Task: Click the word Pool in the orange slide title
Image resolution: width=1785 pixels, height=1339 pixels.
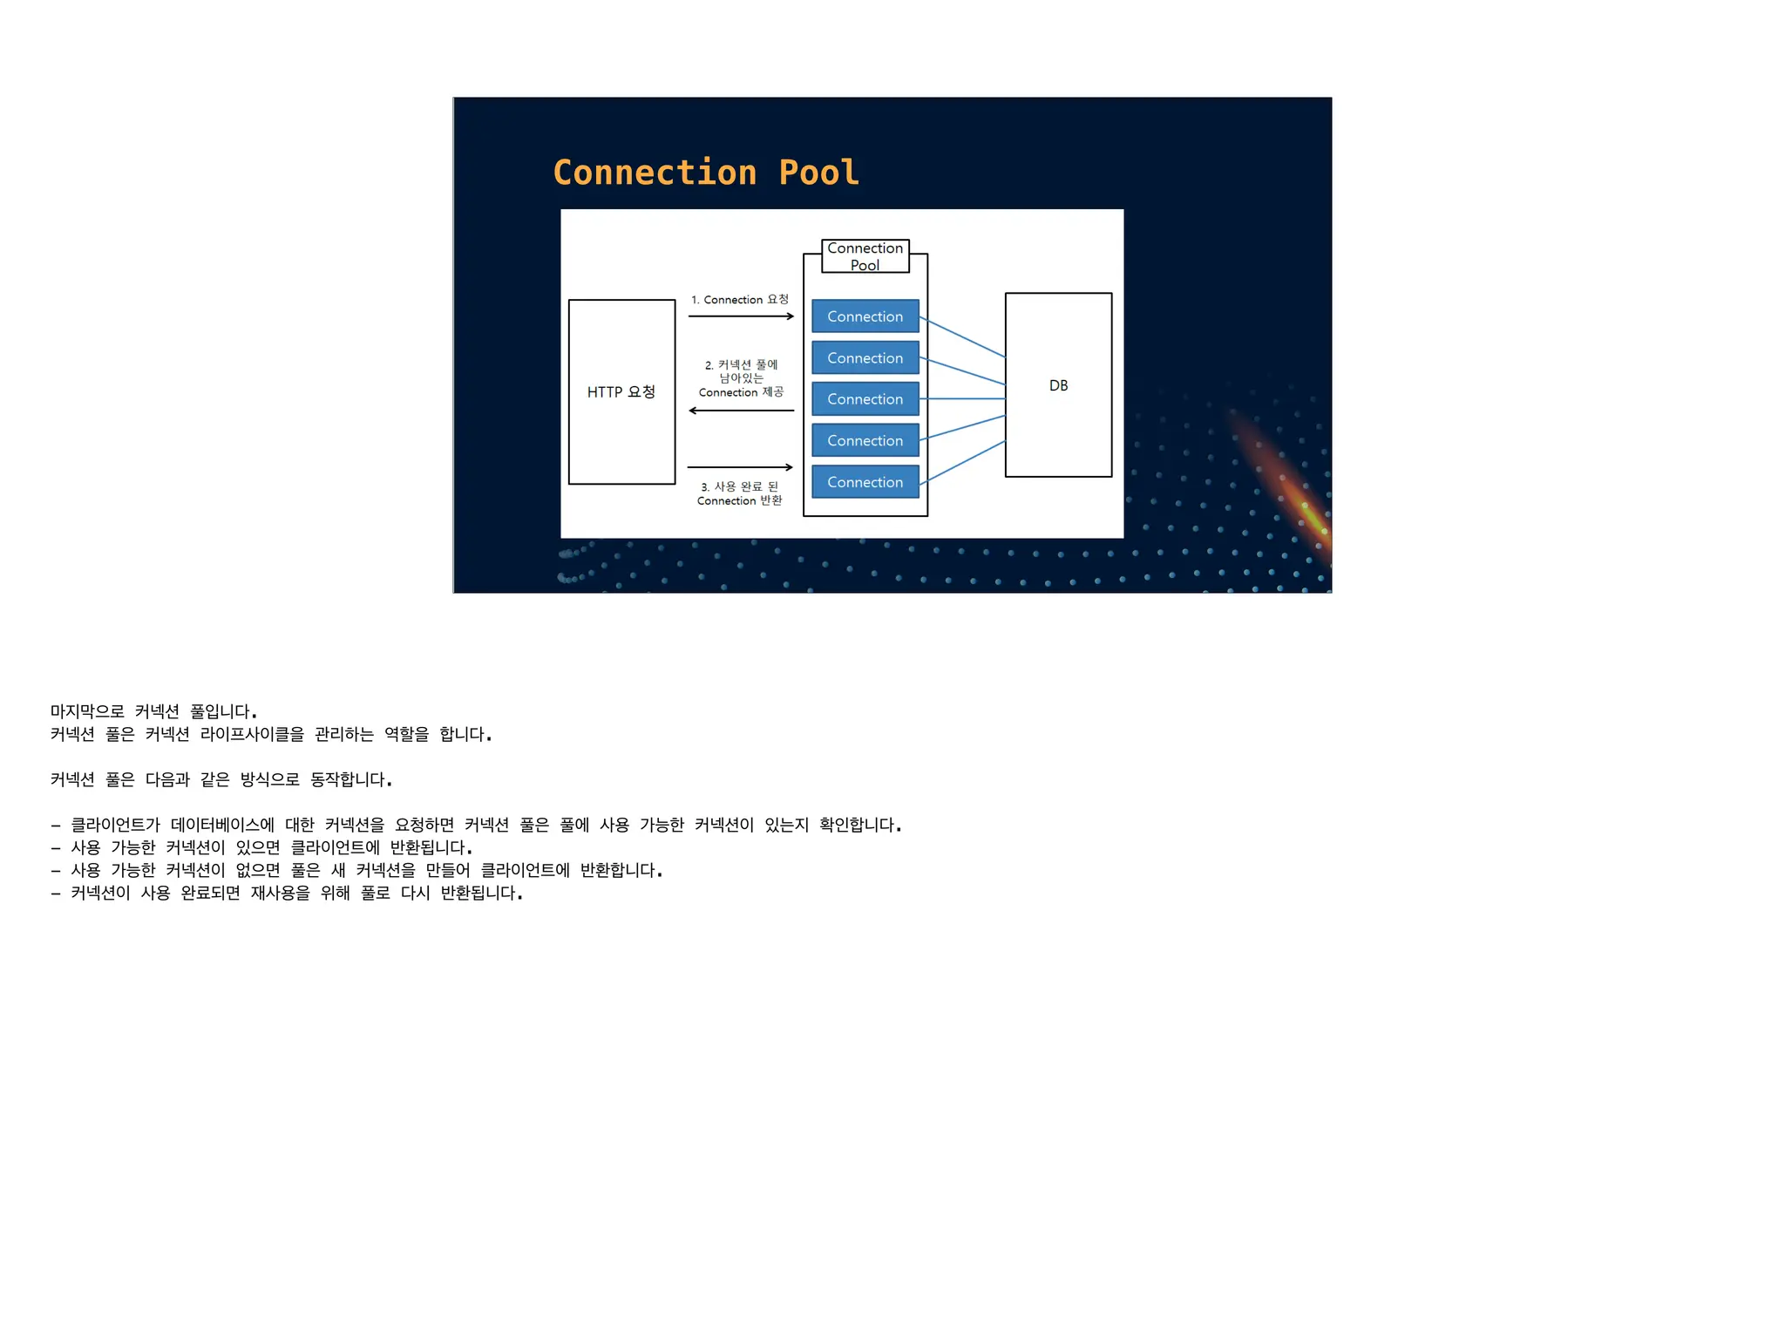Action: (x=818, y=173)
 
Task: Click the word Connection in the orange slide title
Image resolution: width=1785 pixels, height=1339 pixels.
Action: (x=655, y=173)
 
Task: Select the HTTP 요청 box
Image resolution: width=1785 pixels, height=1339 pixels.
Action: (x=621, y=391)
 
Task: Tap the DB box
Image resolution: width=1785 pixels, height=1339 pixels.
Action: (x=1058, y=385)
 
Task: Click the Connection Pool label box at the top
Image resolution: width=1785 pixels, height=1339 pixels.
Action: (x=865, y=256)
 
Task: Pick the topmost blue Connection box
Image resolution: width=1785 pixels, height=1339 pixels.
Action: (x=865, y=316)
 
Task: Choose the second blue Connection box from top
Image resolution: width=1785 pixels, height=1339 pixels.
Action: (x=865, y=357)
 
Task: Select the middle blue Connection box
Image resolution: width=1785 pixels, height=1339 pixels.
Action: (x=865, y=398)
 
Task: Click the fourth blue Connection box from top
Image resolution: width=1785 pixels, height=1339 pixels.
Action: (x=865, y=440)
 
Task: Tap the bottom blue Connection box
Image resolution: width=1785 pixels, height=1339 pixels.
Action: (x=865, y=482)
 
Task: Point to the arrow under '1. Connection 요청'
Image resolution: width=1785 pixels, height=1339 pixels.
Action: (x=741, y=316)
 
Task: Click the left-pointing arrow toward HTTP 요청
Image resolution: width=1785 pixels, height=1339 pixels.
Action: (x=741, y=411)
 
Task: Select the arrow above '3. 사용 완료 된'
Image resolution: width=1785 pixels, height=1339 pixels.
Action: (x=740, y=467)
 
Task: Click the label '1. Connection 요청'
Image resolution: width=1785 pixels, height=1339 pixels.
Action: (x=739, y=300)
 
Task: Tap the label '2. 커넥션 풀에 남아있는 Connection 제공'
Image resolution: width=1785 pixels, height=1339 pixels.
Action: (x=741, y=378)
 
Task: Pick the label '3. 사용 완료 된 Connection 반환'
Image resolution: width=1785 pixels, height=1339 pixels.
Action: (x=739, y=493)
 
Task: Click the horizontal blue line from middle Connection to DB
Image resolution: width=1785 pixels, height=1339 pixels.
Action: (x=962, y=398)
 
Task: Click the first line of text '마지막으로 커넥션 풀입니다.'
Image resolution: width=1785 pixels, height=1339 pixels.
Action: (x=153, y=711)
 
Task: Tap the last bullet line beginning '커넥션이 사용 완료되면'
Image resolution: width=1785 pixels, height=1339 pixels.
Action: (x=296, y=893)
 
